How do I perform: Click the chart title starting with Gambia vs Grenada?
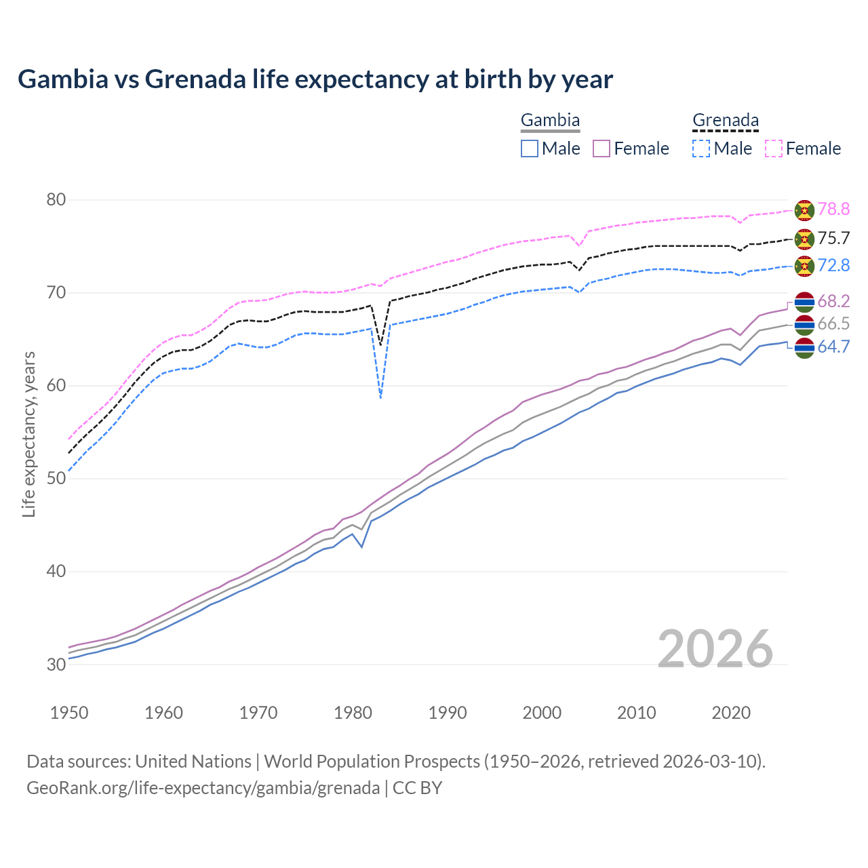[x=315, y=79]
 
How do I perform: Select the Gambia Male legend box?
[x=530, y=149]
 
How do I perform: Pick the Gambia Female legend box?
[x=602, y=149]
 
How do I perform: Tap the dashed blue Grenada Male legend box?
[x=701, y=149]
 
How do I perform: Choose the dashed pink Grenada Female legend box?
[x=774, y=149]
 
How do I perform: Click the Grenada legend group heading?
[x=725, y=121]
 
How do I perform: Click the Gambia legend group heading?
[x=550, y=121]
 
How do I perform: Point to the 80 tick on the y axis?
[x=56, y=200]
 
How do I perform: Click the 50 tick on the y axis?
[x=56, y=479]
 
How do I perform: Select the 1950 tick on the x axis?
[x=69, y=713]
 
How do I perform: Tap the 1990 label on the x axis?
[x=448, y=713]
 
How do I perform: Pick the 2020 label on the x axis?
[x=731, y=713]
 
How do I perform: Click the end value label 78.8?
[x=833, y=210]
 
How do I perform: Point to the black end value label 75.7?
[x=833, y=239]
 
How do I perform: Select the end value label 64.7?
[x=833, y=347]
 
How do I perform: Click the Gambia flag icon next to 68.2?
[x=804, y=302]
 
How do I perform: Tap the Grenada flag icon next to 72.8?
[x=804, y=266]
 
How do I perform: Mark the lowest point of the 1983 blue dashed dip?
[x=381, y=398]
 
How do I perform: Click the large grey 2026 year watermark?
[x=715, y=649]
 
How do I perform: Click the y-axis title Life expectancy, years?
[x=29, y=434]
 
